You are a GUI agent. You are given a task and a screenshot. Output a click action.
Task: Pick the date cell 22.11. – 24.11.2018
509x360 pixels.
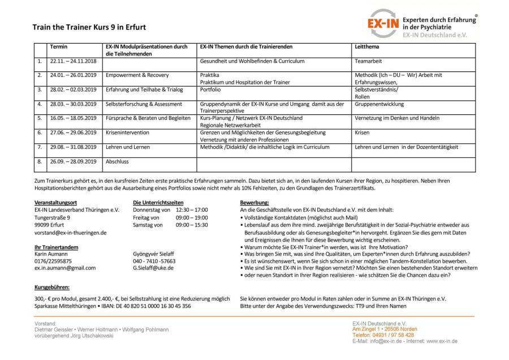tap(74, 61)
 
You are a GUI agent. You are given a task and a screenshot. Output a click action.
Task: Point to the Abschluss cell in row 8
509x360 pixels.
tap(117, 161)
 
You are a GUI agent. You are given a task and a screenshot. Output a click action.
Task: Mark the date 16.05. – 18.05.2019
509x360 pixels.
tap(74, 118)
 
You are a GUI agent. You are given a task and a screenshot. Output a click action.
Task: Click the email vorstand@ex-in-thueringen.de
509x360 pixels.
tap(71, 232)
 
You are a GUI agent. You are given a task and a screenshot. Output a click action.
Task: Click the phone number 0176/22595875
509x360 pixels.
tap(53, 261)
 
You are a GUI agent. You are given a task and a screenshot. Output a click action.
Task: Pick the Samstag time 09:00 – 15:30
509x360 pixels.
tap(192, 225)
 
